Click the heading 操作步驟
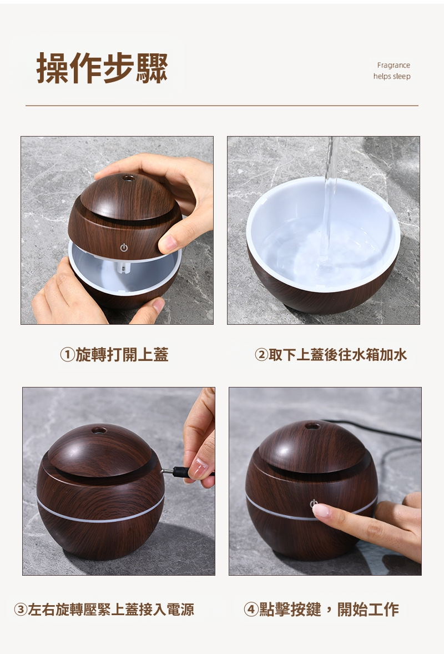(x=102, y=68)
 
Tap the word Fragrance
(x=393, y=65)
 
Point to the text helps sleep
(x=392, y=76)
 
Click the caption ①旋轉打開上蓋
(x=114, y=355)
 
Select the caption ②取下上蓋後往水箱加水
(x=331, y=355)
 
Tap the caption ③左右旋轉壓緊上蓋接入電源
(x=104, y=610)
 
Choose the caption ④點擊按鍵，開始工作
(x=321, y=610)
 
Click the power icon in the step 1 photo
(x=124, y=248)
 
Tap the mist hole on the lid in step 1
(x=128, y=178)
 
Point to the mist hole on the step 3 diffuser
(x=99, y=430)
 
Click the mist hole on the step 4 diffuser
(x=312, y=426)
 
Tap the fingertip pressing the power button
(x=320, y=510)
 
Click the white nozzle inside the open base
(x=124, y=268)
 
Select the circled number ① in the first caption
(x=67, y=355)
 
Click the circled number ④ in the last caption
(x=251, y=610)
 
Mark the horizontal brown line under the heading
(x=222, y=105)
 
